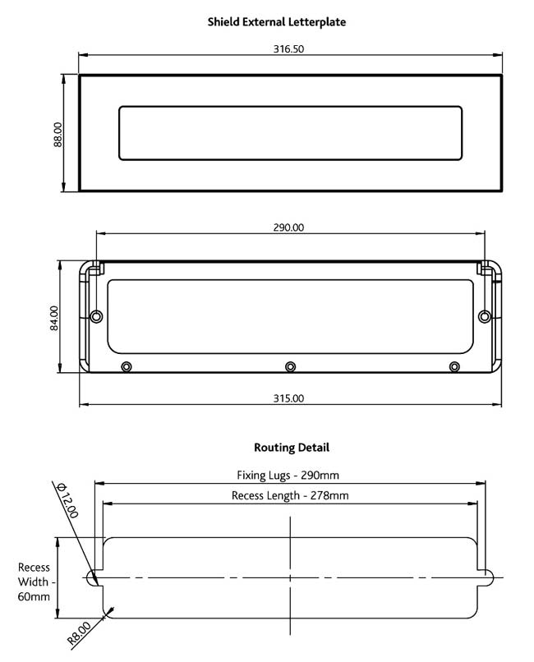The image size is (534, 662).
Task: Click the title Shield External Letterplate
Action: [277, 22]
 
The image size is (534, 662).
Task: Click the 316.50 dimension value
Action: [288, 49]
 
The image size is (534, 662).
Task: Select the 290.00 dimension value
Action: [288, 228]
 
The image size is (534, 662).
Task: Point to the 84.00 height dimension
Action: [54, 318]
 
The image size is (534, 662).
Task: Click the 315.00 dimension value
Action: [288, 398]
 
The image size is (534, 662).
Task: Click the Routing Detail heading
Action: [291, 448]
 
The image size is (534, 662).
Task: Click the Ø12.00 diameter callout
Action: [67, 499]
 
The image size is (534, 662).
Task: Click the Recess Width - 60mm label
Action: [34, 582]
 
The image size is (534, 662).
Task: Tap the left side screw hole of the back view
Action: [97, 316]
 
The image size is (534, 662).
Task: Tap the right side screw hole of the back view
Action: [484, 316]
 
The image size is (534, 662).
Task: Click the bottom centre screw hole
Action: [289, 366]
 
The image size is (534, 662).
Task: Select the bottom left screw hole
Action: [126, 366]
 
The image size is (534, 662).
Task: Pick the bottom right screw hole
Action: [453, 366]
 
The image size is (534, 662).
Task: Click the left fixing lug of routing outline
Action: [92, 577]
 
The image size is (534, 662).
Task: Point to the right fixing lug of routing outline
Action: [486, 577]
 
